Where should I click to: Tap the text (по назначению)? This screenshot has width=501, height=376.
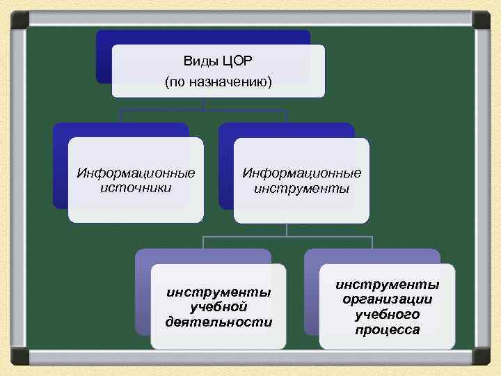coord(218,82)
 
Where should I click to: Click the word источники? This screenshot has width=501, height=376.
coord(136,187)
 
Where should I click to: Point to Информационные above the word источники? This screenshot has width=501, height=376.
coord(136,173)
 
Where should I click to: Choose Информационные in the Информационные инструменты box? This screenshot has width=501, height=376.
coord(301,173)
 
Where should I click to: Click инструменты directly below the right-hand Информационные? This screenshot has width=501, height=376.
coord(301,188)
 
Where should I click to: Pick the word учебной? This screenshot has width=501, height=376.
coord(218,306)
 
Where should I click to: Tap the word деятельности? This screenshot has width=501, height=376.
coord(218,321)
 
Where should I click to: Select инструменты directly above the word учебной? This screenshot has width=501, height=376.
coord(218,292)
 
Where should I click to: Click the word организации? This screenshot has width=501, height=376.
coord(388,299)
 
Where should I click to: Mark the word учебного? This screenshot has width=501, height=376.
coord(388,314)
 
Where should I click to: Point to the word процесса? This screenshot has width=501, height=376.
coord(388,329)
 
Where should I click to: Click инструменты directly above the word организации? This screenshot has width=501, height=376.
coord(388,284)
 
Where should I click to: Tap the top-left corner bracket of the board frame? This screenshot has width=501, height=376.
coord(19,19)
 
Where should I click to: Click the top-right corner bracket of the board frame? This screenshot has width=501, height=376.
coord(482,19)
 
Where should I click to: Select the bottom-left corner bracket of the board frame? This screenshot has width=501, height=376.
coord(19,357)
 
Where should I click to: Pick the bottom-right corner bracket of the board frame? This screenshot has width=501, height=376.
coord(482,357)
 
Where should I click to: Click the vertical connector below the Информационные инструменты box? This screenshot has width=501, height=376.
coord(287,230)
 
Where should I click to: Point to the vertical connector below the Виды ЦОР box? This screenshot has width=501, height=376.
coord(204,103)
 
